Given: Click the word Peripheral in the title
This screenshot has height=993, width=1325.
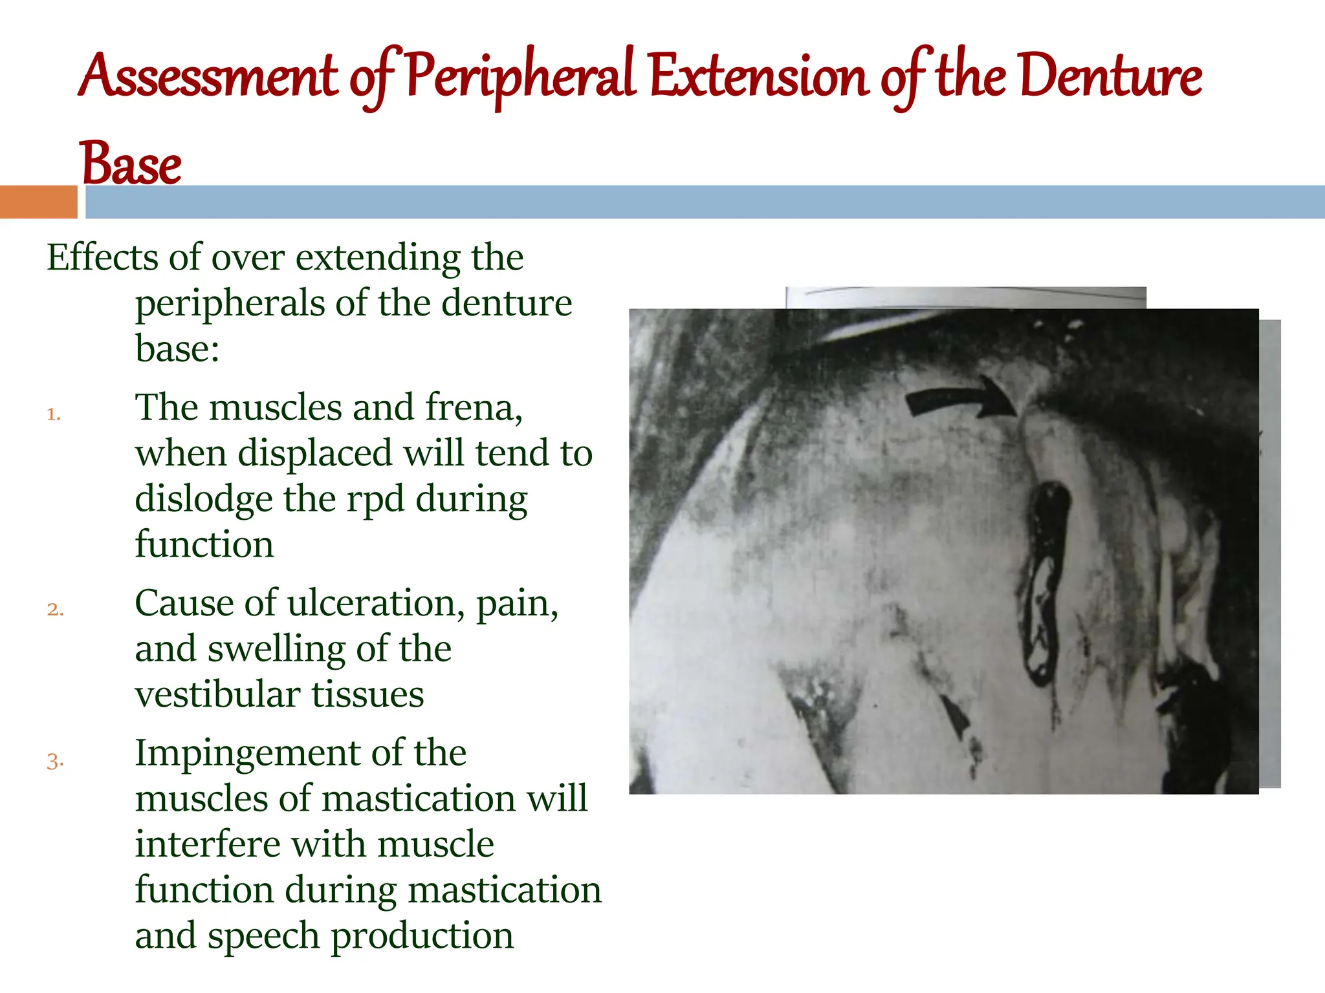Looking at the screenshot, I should (521, 78).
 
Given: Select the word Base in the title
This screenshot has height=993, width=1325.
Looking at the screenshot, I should (129, 164).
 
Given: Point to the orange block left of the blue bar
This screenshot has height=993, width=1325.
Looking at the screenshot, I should (38, 202).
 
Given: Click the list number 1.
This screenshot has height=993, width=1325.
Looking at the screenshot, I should (54, 414).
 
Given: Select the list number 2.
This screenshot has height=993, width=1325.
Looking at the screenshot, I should (55, 610).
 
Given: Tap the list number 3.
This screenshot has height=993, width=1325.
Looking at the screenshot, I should (55, 761).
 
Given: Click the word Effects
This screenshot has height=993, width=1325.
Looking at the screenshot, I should (102, 257).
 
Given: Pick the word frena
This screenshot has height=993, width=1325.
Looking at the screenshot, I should (473, 408).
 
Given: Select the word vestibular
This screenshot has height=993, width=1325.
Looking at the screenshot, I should (217, 694).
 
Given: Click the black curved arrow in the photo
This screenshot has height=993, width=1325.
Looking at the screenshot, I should (958, 397).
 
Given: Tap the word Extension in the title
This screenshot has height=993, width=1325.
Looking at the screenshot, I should (758, 78).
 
